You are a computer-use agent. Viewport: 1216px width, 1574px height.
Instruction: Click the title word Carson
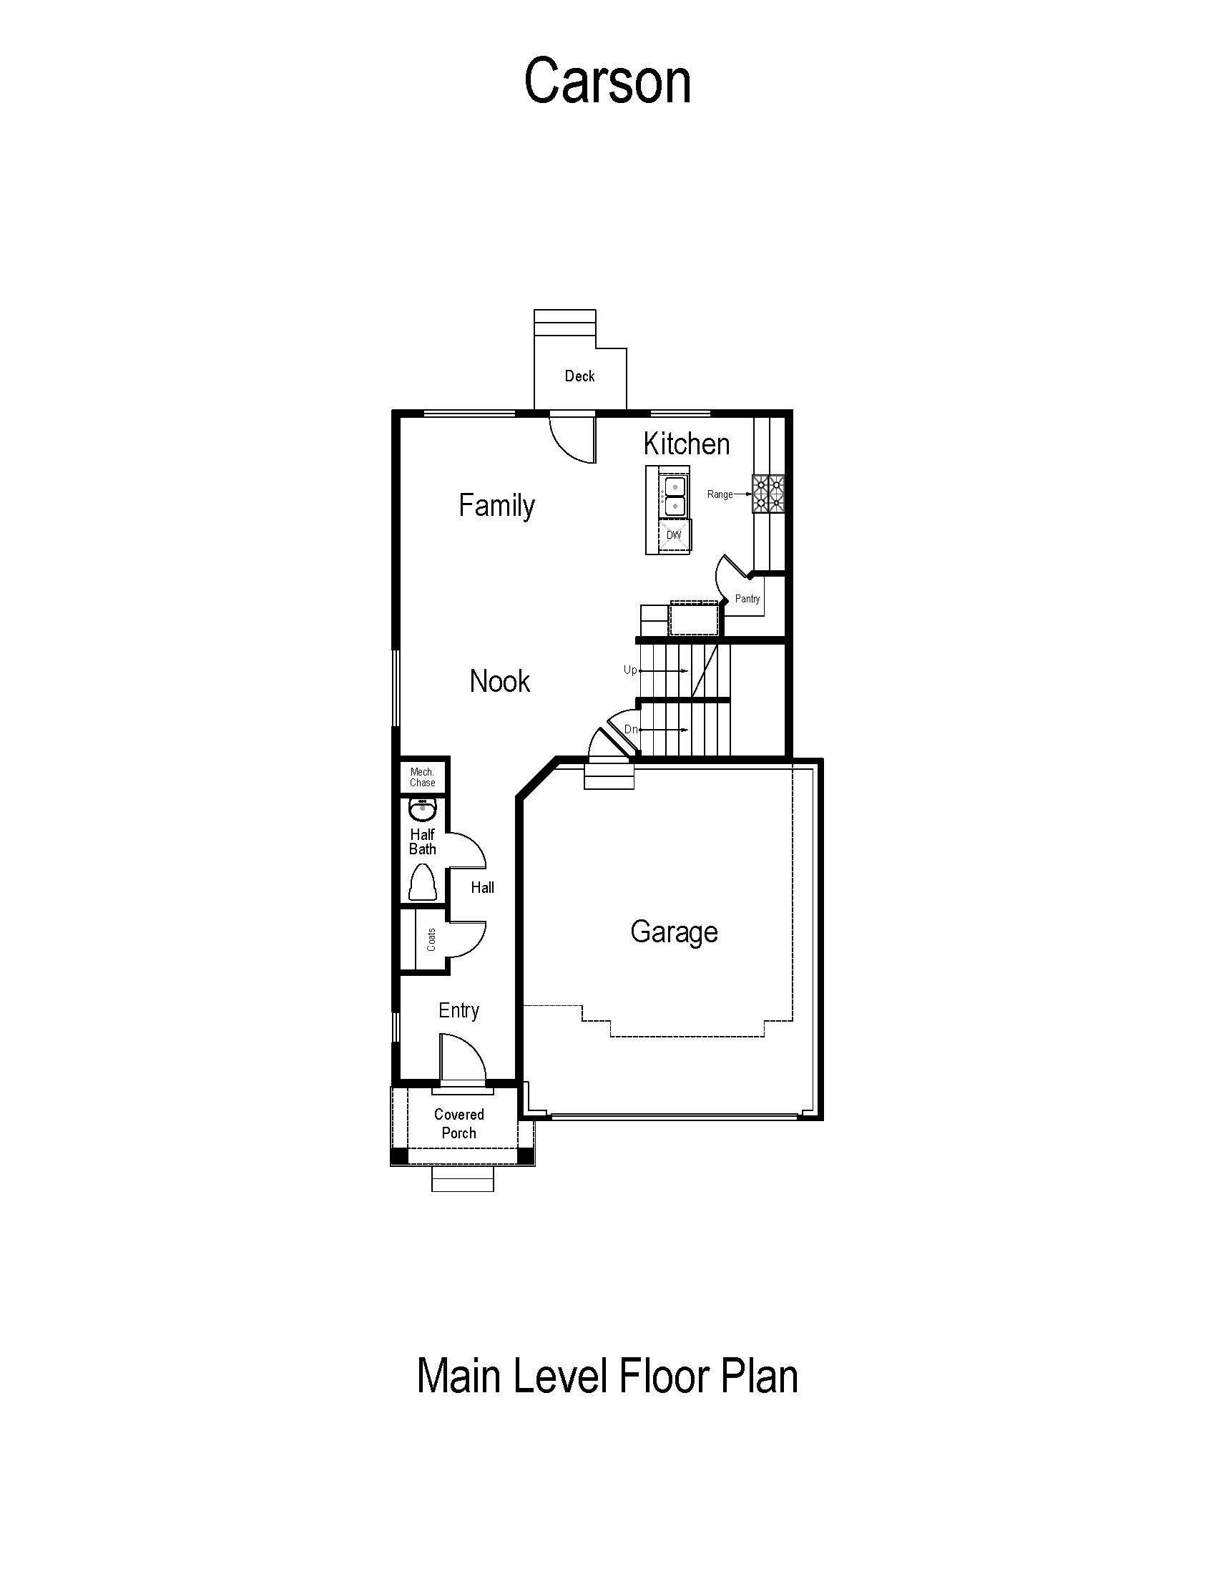(607, 81)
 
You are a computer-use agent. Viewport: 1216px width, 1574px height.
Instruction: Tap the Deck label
(580, 376)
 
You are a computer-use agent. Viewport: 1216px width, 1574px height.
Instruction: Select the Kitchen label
(687, 444)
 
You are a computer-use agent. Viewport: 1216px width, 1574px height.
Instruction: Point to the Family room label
(497, 505)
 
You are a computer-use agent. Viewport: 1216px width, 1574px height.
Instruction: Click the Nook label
(500, 681)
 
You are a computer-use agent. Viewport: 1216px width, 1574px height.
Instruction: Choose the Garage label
(675, 932)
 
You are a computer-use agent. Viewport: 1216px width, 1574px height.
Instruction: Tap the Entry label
(459, 1010)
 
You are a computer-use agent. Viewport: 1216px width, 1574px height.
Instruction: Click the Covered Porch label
(459, 1123)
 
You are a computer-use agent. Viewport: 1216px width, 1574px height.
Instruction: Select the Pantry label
(747, 598)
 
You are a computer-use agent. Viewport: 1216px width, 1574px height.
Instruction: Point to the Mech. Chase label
(423, 777)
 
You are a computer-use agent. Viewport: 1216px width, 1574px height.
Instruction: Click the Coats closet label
(431, 939)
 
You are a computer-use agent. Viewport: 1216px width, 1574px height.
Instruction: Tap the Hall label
(483, 887)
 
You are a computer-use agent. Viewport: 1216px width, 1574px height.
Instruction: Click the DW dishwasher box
(675, 535)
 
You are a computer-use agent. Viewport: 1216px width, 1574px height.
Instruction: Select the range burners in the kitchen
(769, 494)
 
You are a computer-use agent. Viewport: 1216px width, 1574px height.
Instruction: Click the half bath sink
(422, 810)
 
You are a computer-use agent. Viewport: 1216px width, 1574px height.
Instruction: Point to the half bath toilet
(422, 882)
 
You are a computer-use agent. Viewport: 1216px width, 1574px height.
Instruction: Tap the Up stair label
(630, 670)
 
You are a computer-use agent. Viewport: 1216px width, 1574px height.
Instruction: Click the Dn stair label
(631, 729)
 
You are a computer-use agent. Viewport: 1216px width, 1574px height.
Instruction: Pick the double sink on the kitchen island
(675, 496)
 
